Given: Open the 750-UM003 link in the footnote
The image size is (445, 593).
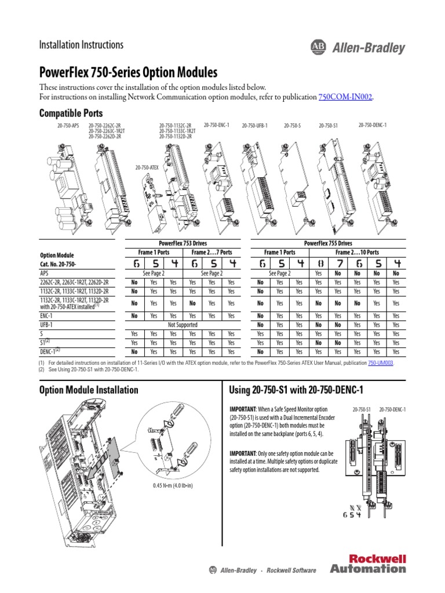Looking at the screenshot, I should click(x=397, y=363).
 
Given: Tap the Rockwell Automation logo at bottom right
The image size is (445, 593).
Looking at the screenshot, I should click(x=368, y=563).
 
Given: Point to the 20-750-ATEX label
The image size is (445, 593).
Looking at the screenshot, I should click(x=147, y=167).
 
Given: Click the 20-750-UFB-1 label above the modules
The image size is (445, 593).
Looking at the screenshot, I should click(x=254, y=125).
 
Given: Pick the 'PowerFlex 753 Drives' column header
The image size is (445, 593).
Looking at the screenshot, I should click(x=183, y=243).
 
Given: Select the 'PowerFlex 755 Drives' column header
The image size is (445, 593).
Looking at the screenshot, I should click(x=328, y=243).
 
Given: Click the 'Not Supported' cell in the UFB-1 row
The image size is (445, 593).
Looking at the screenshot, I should click(x=183, y=325).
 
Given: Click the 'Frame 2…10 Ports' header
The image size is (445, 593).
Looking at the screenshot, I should click(x=357, y=252).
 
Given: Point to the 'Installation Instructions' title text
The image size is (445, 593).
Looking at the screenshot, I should click(x=81, y=45).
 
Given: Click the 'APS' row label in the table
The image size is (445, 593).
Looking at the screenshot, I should click(x=44, y=273).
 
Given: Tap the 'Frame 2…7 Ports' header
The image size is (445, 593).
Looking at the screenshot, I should click(x=211, y=252).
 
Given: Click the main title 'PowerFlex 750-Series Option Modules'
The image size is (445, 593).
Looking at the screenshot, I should click(x=128, y=73).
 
